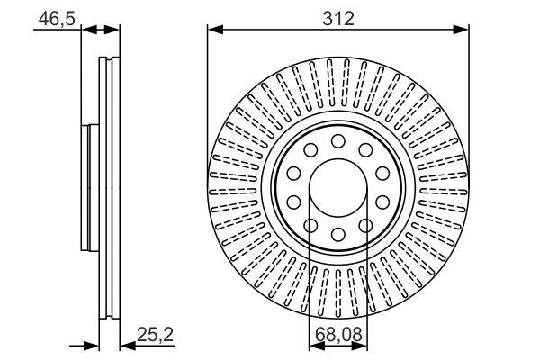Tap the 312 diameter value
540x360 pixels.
pos(338,17)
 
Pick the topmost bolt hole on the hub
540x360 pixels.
pos(338,141)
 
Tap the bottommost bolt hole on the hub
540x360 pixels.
pos(338,235)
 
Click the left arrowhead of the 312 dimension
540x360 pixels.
pos(214,31)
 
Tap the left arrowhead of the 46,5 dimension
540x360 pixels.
pos(86,31)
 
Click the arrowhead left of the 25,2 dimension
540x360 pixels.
pos(92,344)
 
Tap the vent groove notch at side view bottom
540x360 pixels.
pos(109,315)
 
